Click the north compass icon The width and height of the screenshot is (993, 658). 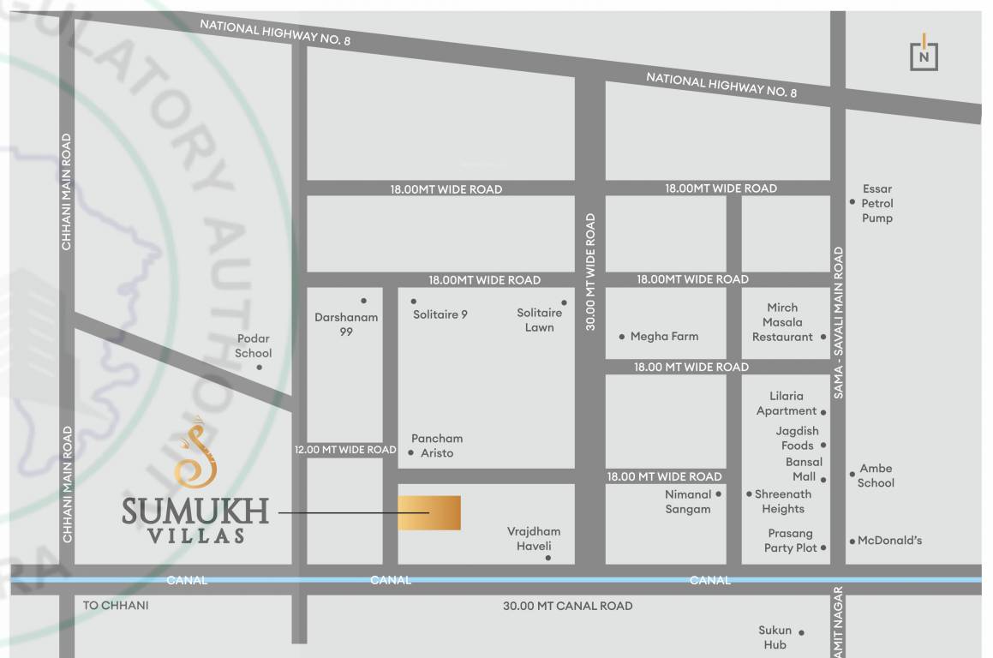pos(924,54)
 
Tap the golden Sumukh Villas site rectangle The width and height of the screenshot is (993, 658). pos(429,512)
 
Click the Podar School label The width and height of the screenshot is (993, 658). pos(254,346)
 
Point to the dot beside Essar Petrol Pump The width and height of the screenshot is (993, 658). pos(852,202)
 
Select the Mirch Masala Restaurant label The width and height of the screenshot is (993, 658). pos(782,322)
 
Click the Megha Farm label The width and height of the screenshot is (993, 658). pos(664,337)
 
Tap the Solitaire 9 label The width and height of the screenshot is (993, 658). pos(440,314)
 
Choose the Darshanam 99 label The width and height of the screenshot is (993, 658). pos(346,324)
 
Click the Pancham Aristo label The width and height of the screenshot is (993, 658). pos(437,446)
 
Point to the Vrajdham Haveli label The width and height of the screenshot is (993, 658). pos(534,539)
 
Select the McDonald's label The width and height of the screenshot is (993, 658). pos(890,541)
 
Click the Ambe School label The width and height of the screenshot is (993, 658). pos(876,476)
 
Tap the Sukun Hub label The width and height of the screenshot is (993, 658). pos(775,637)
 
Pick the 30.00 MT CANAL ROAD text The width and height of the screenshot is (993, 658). pos(567,606)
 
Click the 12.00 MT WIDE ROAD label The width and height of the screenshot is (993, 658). pos(345,450)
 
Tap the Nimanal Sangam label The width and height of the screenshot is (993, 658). pos(688,501)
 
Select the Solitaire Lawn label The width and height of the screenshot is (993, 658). pos(540,320)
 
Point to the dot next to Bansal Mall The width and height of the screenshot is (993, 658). pos(823,478)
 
